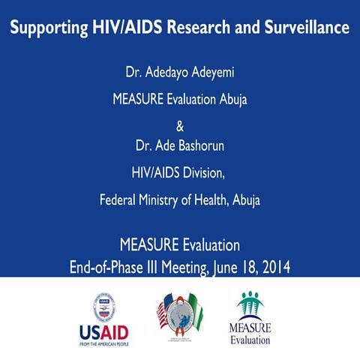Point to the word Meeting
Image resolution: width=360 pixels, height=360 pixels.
191,266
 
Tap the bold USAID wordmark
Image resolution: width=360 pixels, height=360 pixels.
104,331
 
